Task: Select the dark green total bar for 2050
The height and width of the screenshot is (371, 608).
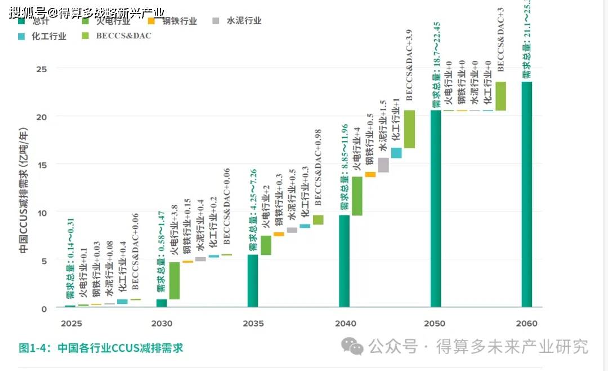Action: (x=436, y=209)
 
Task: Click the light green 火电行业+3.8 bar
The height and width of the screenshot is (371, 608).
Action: (x=175, y=280)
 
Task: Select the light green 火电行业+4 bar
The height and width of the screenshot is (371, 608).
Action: (x=357, y=196)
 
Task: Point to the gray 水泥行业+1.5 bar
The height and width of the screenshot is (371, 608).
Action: (x=383, y=165)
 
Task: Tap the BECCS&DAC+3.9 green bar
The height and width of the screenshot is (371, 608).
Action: (x=409, y=129)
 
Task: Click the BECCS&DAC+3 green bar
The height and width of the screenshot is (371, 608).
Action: (x=500, y=96)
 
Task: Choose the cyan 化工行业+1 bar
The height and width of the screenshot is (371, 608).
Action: (x=396, y=153)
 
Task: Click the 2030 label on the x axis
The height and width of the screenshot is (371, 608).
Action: (x=162, y=324)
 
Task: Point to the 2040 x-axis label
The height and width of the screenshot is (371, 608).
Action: (x=345, y=324)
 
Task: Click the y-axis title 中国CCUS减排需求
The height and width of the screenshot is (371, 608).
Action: (x=24, y=191)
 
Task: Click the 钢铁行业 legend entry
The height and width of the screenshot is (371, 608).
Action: (x=173, y=21)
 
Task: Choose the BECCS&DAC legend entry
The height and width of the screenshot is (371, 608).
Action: (x=115, y=36)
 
